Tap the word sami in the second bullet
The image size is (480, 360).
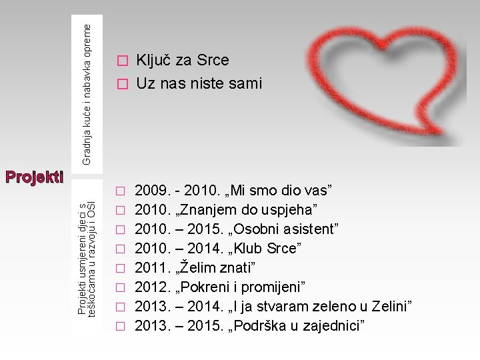click(245, 83)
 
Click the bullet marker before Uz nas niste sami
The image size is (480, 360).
click(121, 85)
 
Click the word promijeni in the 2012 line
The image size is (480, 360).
click(273, 287)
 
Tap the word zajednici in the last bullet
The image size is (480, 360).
click(337, 325)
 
